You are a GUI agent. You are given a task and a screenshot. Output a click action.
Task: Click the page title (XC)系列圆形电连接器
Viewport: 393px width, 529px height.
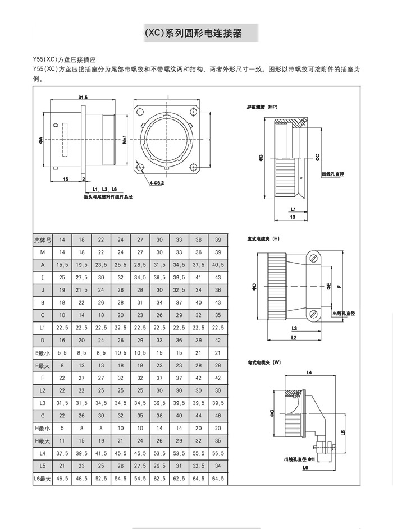(193, 33)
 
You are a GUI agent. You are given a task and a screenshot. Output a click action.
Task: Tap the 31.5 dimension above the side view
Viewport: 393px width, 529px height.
(83, 98)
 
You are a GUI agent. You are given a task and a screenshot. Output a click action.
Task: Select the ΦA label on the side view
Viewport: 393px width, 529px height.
(41, 139)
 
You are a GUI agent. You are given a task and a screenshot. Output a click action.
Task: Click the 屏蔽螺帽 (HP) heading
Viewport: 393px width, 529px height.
(262, 107)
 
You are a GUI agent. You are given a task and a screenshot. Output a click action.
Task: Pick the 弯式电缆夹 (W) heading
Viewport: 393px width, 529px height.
(264, 362)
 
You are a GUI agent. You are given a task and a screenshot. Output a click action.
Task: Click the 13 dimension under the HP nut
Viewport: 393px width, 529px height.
(292, 216)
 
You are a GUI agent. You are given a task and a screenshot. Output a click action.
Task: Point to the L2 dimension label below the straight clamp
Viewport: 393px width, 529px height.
(294, 337)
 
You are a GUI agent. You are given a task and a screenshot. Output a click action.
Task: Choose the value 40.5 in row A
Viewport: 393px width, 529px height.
(218, 265)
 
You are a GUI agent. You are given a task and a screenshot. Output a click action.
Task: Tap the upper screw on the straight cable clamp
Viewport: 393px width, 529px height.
(314, 258)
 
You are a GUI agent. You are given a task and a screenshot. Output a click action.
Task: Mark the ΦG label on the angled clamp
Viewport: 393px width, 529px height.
(272, 413)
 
